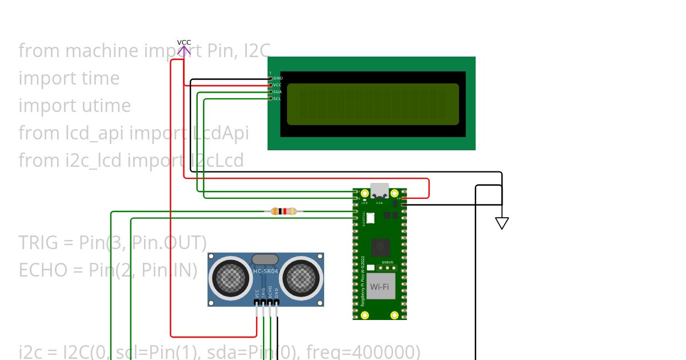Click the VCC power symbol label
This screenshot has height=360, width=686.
coord(184,42)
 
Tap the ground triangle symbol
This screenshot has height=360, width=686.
coord(502,223)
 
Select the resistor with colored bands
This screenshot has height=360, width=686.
coord(284,211)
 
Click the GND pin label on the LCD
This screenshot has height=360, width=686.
coord(277,78)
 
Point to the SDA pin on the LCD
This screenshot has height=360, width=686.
coord(277,91)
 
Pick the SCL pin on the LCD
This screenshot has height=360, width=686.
coord(277,98)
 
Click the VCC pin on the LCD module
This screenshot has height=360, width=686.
coord(277,85)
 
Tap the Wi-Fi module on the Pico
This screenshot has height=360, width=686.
coord(380,286)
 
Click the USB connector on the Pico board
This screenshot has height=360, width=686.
coord(380,190)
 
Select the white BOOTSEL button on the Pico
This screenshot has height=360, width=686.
coord(369,217)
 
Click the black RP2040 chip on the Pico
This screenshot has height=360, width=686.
coord(380,247)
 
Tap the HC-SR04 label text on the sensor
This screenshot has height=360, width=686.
coord(265,271)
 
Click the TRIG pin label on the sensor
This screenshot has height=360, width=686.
coord(264,294)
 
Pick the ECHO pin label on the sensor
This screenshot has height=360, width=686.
coord(270,293)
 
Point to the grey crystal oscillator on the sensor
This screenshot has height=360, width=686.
coord(265,259)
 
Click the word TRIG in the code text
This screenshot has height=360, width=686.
coord(40,243)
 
